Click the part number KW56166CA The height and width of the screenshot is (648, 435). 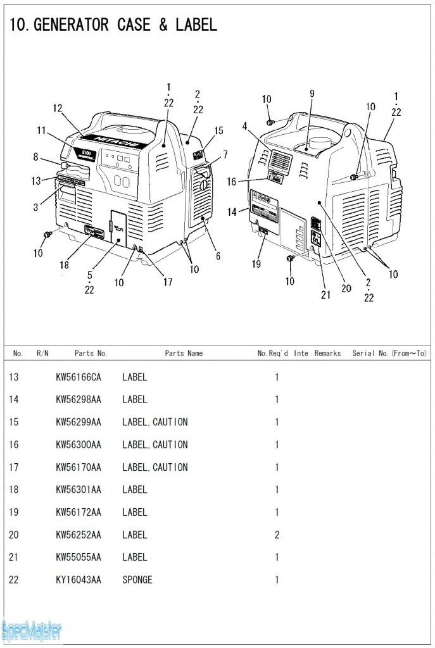pos(78,377)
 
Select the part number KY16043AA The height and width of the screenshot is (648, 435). pos(78,580)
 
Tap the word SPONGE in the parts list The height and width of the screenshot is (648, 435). pos(137,580)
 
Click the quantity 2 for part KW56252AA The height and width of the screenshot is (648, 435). pos(277,535)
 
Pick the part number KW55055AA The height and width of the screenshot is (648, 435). pos(78,557)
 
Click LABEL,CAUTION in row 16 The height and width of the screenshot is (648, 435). pos(154,445)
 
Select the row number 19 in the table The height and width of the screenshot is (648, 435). pos(14,512)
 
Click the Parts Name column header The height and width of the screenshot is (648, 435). pos(184,353)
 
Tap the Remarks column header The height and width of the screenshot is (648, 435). pos(327,353)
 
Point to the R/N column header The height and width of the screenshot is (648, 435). pos(42,353)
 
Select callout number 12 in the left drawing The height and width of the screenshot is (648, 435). pos(58,108)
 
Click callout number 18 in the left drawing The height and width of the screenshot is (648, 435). pos(64,265)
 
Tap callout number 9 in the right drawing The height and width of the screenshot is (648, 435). pos(312,93)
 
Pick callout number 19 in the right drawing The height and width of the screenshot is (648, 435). pos(256,264)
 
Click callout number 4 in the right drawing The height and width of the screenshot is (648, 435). pos(244,126)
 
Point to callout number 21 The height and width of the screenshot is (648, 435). pos(325,294)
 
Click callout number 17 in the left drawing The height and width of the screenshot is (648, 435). pos(167,282)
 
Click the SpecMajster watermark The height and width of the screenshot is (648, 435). pos(32,630)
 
